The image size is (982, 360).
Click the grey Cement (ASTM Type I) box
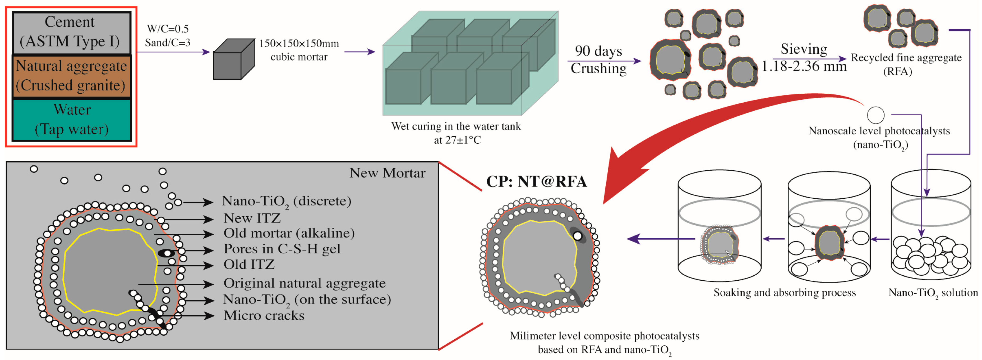pos(71,33)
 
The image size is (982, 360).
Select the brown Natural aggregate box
pos(71,76)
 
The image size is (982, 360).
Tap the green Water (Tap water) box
pos(71,119)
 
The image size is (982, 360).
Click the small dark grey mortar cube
pos(233,60)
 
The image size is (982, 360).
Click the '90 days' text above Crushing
pos(598,51)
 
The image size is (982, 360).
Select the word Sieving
pos(804,49)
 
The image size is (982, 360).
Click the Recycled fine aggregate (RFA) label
pos(906,64)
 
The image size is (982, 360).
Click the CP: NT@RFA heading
pos(536,181)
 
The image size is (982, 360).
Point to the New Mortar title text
pos(387,173)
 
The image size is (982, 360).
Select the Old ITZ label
pos(249,264)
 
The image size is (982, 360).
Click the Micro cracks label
pos(264,315)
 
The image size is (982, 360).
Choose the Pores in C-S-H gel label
pos(282,249)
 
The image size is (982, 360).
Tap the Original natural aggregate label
pos(304,283)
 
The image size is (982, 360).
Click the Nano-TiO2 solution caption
pos(933,293)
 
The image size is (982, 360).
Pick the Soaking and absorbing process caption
pos(784,293)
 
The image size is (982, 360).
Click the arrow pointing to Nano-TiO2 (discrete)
pos(198,202)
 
